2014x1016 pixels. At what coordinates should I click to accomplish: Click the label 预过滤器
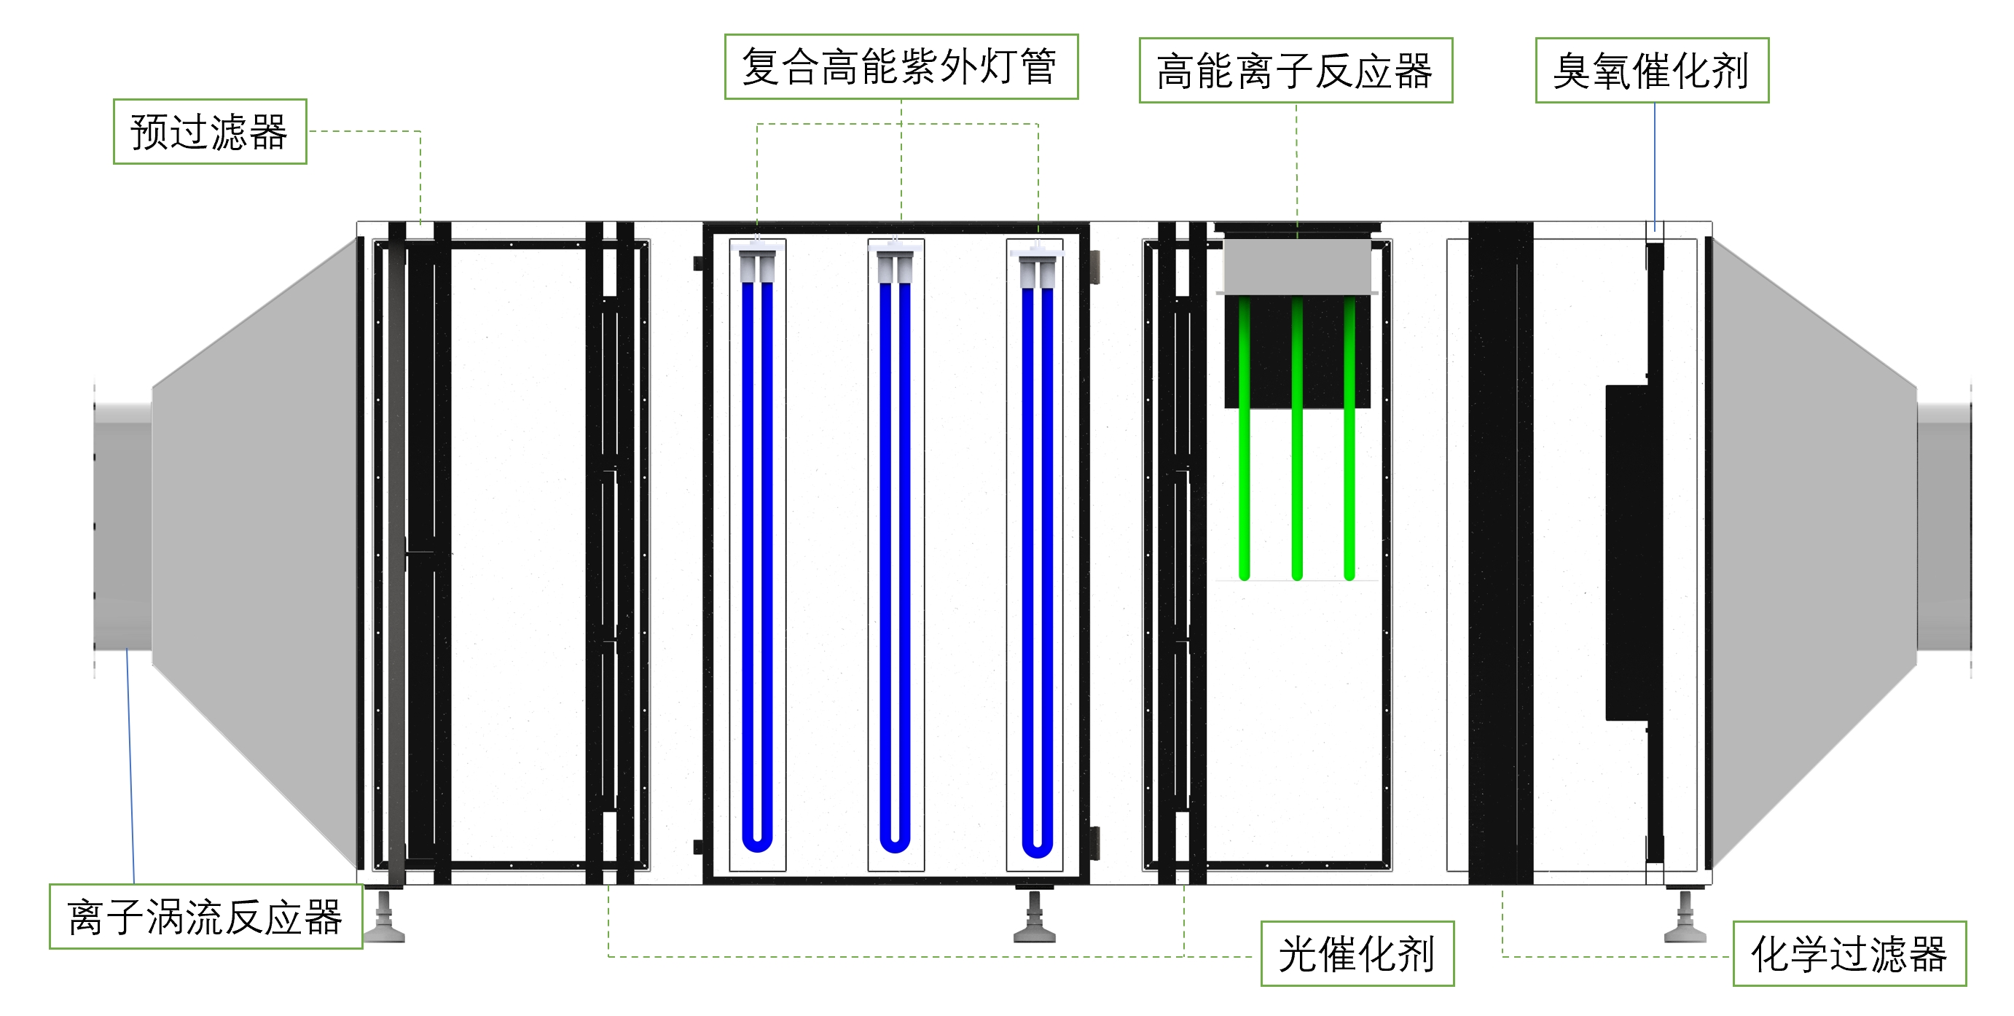pos(210,131)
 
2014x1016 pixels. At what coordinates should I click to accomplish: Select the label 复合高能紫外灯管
pos(901,66)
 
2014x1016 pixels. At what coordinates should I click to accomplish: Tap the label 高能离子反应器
pos(1295,71)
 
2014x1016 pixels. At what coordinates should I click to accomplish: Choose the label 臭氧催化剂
pos(1651,71)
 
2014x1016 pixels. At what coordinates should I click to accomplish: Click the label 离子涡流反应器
pos(205,917)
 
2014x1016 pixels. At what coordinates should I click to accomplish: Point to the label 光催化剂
pos(1357,953)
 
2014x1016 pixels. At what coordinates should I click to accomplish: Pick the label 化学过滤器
pos(1849,953)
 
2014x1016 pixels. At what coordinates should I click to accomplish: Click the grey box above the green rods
pos(1297,266)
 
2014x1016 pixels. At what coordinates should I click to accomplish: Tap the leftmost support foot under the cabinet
pos(385,919)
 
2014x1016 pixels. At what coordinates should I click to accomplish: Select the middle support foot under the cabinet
pos(1035,919)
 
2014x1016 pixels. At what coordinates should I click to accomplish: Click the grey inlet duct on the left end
pos(122,525)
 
